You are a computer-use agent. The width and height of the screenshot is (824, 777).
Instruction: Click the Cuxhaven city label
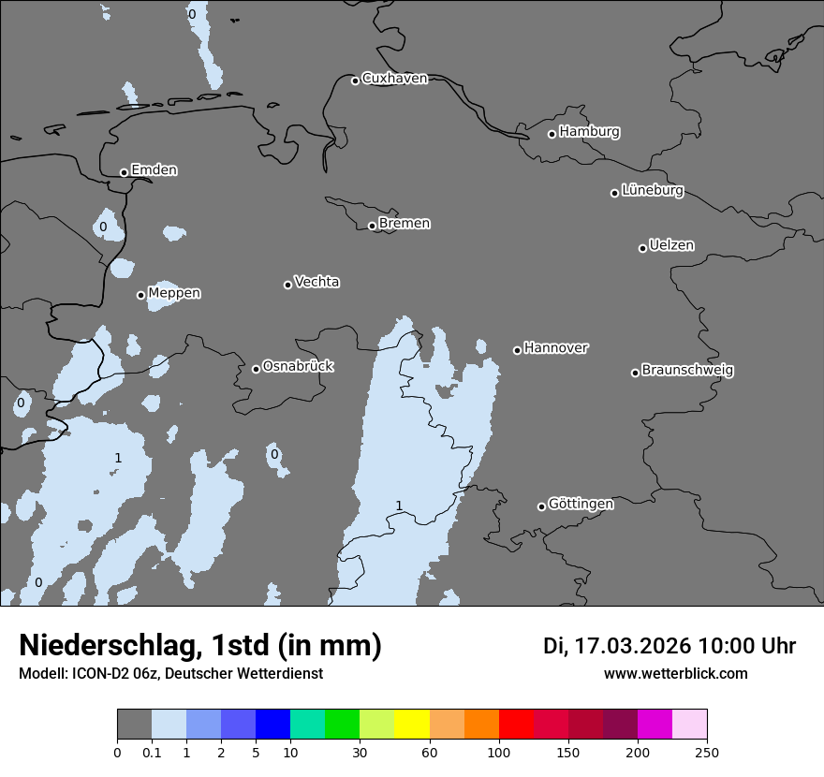tap(394, 79)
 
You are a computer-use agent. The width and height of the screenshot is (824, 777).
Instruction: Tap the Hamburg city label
tap(589, 132)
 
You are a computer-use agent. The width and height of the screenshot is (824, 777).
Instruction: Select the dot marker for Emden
tap(124, 172)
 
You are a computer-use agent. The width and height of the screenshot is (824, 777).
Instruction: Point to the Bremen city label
tap(405, 224)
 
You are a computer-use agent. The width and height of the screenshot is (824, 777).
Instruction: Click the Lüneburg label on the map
tap(652, 191)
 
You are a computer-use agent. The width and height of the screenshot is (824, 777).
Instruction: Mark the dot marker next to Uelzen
tap(642, 248)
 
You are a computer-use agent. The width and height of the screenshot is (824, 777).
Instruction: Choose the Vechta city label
tap(316, 282)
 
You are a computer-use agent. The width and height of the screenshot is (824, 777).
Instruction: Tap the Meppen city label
tap(174, 293)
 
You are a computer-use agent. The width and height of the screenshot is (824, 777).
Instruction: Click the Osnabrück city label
tap(298, 366)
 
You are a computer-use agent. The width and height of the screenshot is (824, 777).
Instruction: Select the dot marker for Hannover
tap(517, 350)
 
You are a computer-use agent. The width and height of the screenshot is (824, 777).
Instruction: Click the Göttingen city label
tap(581, 505)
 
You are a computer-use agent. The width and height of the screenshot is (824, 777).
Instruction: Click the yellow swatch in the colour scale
tap(411, 725)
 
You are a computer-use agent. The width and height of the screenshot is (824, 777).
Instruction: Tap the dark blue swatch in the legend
tap(272, 725)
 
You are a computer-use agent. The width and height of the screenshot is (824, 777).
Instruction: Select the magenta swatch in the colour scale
tap(655, 725)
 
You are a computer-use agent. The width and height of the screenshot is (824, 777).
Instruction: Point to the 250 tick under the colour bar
tap(707, 752)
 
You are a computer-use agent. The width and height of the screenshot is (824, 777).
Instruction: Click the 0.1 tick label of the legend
tap(152, 752)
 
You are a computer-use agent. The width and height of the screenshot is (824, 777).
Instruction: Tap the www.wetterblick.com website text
tap(675, 673)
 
